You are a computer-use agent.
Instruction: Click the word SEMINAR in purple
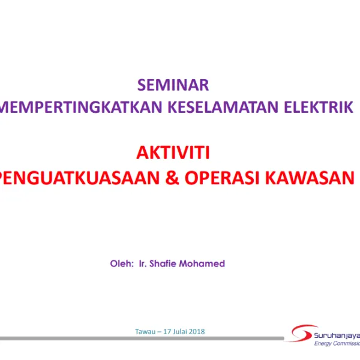tap(173, 85)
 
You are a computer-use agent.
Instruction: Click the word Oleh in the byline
tap(121, 263)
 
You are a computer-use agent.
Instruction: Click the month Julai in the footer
tap(183, 331)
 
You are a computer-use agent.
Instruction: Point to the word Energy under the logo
tap(325, 344)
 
